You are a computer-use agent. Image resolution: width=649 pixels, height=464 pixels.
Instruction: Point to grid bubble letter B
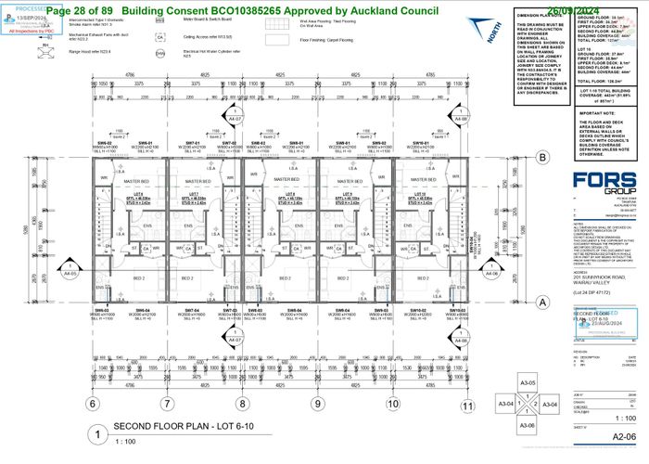pyautogui.click(x=541, y=158)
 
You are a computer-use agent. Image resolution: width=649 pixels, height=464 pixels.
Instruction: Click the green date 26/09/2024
pyautogui.click(x=603, y=8)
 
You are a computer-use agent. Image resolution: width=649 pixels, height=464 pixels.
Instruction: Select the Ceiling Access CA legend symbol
pyautogui.click(x=160, y=38)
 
